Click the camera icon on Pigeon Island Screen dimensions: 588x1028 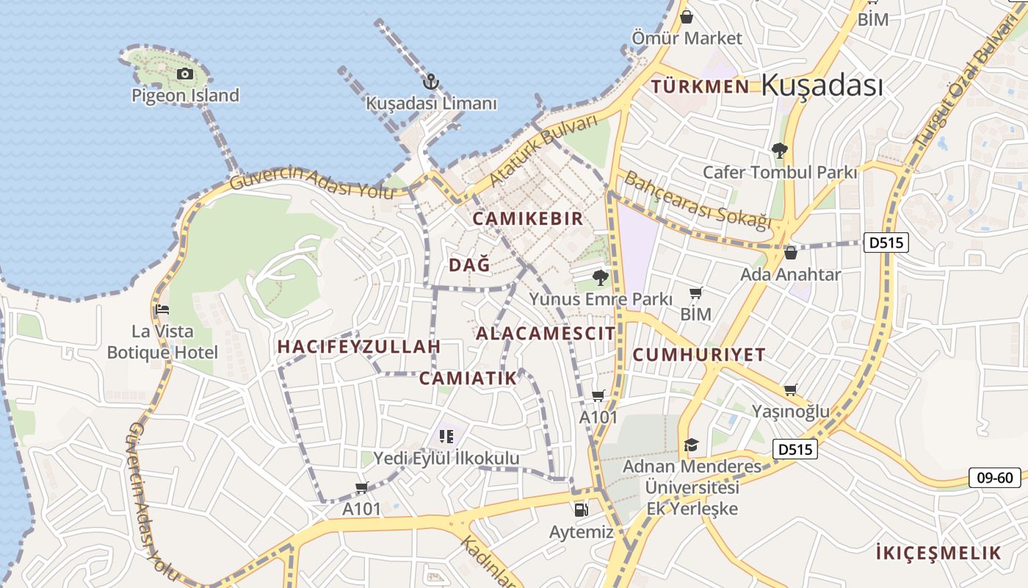tap(184, 73)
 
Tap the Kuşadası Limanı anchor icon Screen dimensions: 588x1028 tap(432, 82)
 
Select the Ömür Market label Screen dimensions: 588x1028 tap(687, 37)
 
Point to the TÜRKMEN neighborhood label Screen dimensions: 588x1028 tap(700, 87)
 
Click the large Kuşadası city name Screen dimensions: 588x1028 tap(822, 85)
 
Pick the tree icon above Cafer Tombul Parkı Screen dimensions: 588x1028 tap(779, 151)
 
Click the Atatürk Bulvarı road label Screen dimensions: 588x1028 tap(544, 151)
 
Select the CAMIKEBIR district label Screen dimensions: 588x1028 tap(527, 218)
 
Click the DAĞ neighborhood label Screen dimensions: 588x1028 tap(468, 265)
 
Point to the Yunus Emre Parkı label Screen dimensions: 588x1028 tap(601, 299)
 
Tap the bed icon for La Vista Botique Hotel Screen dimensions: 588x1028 tap(162, 309)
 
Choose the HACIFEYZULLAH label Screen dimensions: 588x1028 tap(359, 346)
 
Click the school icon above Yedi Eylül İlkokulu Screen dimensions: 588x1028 tap(446, 437)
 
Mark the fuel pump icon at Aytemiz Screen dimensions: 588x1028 tap(581, 509)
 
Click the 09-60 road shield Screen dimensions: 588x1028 tap(994, 478)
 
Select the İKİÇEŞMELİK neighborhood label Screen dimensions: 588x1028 tap(938, 553)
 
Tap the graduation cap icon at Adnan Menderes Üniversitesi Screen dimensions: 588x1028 tap(691, 445)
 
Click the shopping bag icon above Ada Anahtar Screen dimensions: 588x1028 tap(790, 253)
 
